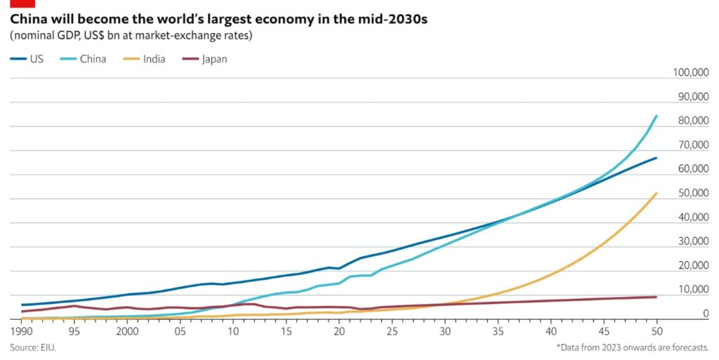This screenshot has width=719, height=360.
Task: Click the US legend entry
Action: click(27, 59)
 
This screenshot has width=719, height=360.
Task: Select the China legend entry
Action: click(83, 59)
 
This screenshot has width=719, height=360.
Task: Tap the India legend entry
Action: click(144, 59)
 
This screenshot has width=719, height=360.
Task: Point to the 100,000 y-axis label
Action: click(691, 72)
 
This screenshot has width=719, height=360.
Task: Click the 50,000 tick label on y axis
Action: click(693, 193)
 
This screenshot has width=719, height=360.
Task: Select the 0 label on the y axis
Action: click(705, 313)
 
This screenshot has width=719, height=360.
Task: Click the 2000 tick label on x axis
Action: click(127, 331)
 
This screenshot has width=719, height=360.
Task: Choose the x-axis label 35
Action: click(498, 331)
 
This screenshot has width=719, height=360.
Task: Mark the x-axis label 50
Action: click(657, 331)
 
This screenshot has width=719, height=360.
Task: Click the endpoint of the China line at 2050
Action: click(657, 116)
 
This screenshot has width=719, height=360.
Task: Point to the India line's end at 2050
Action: click(657, 193)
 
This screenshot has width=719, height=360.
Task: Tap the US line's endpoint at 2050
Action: click(657, 158)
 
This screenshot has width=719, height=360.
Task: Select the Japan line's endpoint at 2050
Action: click(657, 297)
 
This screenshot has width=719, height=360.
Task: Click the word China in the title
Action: click(27, 20)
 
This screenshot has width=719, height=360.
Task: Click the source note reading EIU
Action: click(33, 347)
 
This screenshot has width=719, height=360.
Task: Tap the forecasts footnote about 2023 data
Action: click(633, 347)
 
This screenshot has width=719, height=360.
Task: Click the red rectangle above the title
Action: click(22, 4)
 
